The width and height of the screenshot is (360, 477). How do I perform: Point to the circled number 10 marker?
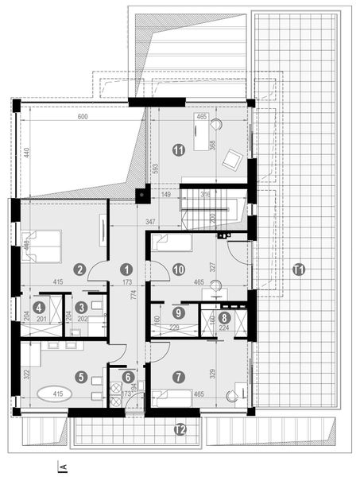click(x=180, y=269)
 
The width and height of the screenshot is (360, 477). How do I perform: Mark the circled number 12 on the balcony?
click(x=180, y=430)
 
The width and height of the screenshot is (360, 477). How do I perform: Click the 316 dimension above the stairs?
click(x=205, y=193)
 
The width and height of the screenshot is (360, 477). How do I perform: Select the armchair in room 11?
click(x=233, y=160)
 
